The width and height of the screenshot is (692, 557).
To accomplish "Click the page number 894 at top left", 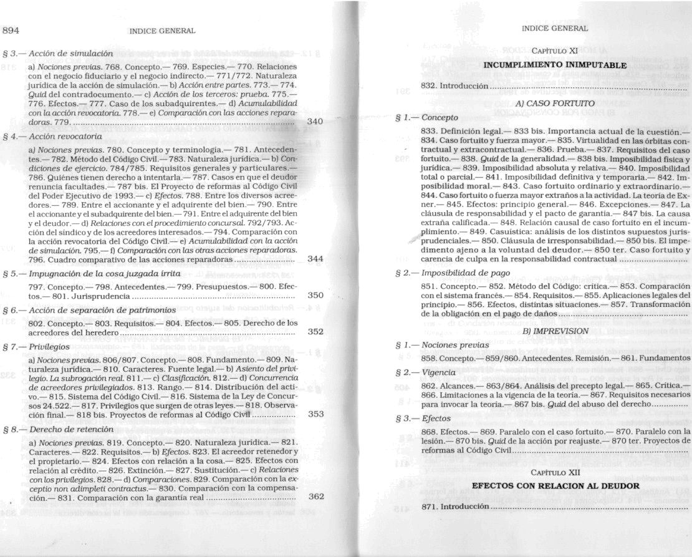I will click(12, 30).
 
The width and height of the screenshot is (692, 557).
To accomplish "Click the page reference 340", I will click(316, 122).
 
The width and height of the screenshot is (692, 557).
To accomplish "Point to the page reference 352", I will click(316, 332).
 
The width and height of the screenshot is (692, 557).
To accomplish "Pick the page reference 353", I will click(316, 413).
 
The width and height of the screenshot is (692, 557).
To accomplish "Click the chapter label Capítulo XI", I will click(556, 50).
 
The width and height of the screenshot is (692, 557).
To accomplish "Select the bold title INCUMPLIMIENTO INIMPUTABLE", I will click(555, 64).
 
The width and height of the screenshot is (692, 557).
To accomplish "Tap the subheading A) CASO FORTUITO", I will click(555, 102).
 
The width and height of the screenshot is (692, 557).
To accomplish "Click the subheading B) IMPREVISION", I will click(555, 331).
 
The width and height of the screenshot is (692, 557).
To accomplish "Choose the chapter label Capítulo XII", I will click(555, 472).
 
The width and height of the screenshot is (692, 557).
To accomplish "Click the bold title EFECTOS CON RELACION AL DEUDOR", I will click(555, 485).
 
